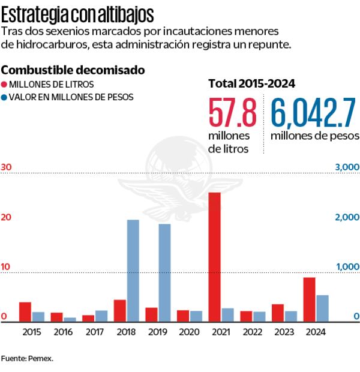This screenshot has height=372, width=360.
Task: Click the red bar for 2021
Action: coord(214,257)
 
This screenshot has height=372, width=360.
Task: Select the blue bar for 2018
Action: coord(133,271)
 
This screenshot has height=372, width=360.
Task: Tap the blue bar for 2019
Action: coord(164,273)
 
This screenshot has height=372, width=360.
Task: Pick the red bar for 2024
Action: coord(309,299)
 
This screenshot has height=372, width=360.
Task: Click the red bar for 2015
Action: coord(25,312)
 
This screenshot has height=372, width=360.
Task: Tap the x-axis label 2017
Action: coord(94,332)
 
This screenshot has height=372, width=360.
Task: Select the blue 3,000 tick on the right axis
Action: coord(347,167)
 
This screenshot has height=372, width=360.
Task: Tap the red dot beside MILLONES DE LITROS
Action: coord(5,84)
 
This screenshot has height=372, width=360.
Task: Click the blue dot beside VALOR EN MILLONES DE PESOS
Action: coord(5,97)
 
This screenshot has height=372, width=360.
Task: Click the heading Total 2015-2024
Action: coord(251,83)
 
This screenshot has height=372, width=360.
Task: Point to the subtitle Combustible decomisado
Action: coord(73,70)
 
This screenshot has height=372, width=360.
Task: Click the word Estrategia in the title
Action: coord(34,13)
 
